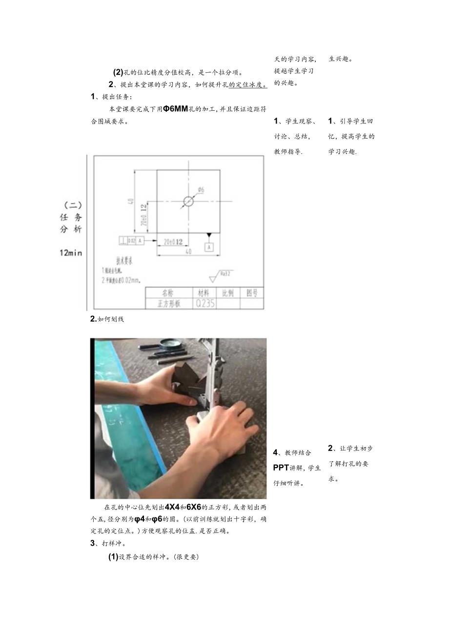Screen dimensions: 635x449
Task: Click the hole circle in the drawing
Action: [189, 201]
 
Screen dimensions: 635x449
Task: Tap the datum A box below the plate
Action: [209, 247]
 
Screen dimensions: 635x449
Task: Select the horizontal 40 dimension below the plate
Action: [189, 252]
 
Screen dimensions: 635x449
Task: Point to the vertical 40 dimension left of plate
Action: [131, 201]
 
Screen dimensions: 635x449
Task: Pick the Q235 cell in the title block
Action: [202, 304]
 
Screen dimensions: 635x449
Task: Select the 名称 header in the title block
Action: [167, 293]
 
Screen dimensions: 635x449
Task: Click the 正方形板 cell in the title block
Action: [167, 304]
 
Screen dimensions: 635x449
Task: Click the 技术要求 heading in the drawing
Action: [124, 261]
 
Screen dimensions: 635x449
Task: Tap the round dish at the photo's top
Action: [170, 343]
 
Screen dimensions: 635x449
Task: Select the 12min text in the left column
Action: [71, 253]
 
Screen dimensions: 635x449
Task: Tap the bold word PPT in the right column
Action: [281, 468]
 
